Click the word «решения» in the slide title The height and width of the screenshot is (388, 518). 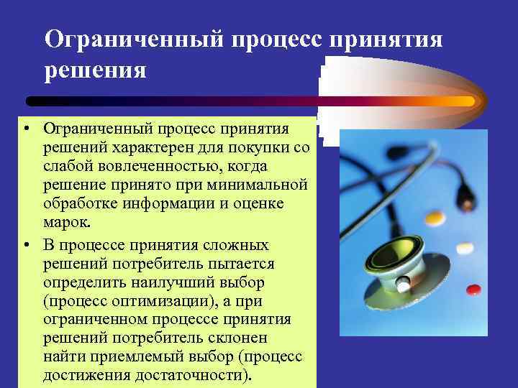pyautogui.click(x=96, y=72)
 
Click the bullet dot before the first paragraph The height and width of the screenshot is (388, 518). pyautogui.click(x=26, y=129)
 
